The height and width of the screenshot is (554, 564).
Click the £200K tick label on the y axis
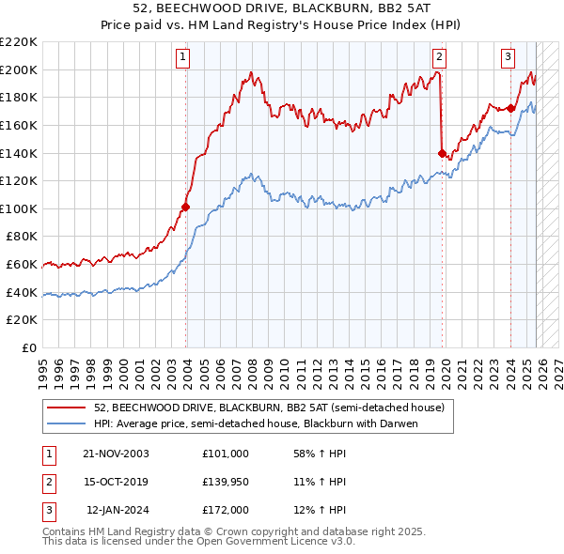20,69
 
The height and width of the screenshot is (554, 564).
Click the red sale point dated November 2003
185,207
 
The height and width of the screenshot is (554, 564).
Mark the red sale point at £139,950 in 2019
442,153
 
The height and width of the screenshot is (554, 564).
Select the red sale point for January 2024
510,108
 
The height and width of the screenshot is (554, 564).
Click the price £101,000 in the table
225,454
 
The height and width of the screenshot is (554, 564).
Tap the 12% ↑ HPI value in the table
320,510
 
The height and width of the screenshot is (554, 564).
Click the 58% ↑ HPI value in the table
320,454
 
